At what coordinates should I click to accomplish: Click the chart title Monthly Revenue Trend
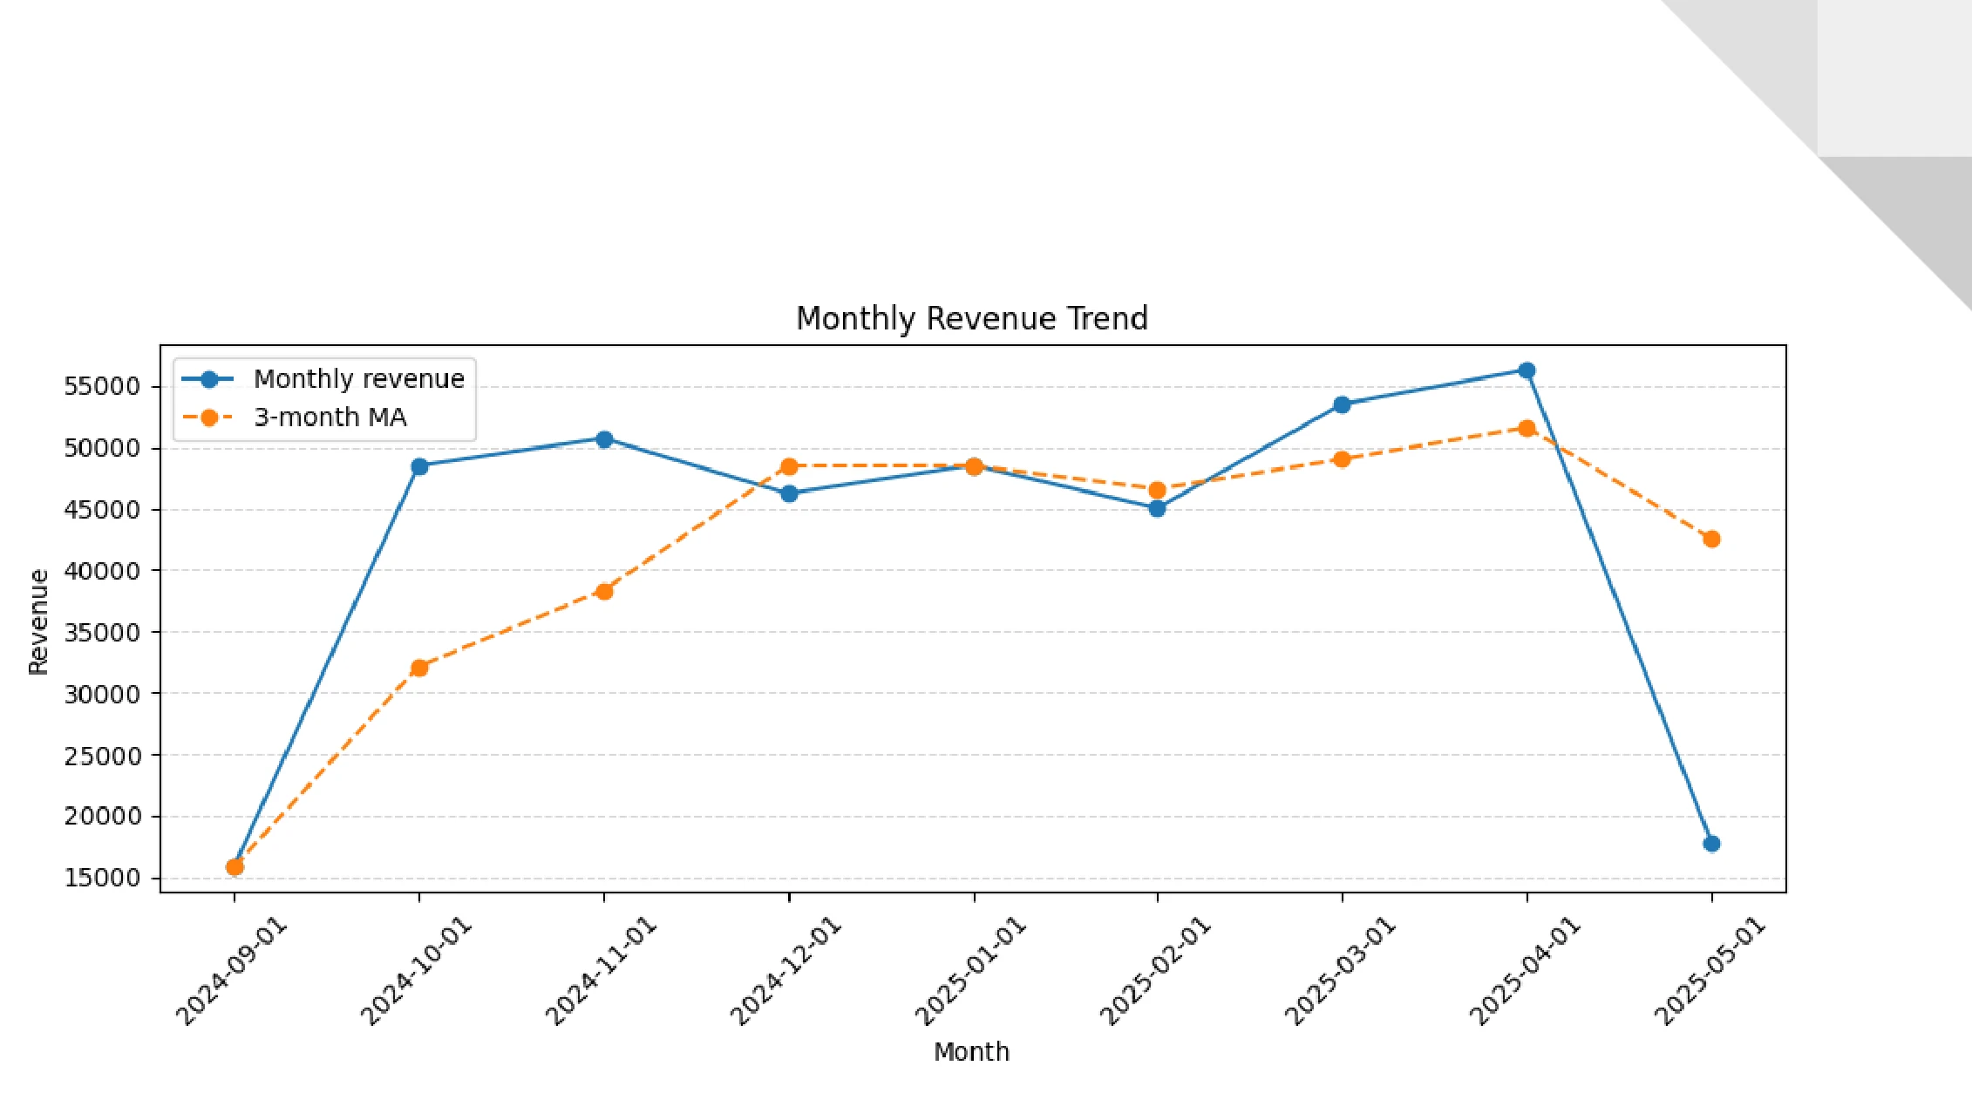(971, 319)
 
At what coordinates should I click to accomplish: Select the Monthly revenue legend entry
(358, 379)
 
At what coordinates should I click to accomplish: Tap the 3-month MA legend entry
(330, 418)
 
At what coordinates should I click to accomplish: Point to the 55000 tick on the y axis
(101, 386)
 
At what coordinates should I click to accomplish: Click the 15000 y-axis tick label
(101, 878)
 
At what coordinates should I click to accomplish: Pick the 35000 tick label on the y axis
(101, 632)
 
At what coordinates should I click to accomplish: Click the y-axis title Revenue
(38, 621)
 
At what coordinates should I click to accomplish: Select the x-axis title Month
(971, 1052)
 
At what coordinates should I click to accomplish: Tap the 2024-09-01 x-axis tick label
(231, 972)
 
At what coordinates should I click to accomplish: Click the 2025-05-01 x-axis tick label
(1709, 972)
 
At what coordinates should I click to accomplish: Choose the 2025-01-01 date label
(970, 972)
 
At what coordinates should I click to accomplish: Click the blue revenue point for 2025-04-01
(1527, 370)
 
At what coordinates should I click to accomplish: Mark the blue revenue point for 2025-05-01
(1711, 844)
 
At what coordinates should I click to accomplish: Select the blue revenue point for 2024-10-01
(419, 466)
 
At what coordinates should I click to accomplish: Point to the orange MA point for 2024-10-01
(419, 668)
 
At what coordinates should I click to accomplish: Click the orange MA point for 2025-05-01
(1711, 540)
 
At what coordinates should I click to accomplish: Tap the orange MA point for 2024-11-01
(604, 591)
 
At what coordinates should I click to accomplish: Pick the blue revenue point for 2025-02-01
(1157, 509)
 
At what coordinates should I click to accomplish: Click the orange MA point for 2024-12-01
(789, 466)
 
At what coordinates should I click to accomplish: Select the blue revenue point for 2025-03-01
(1342, 404)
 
